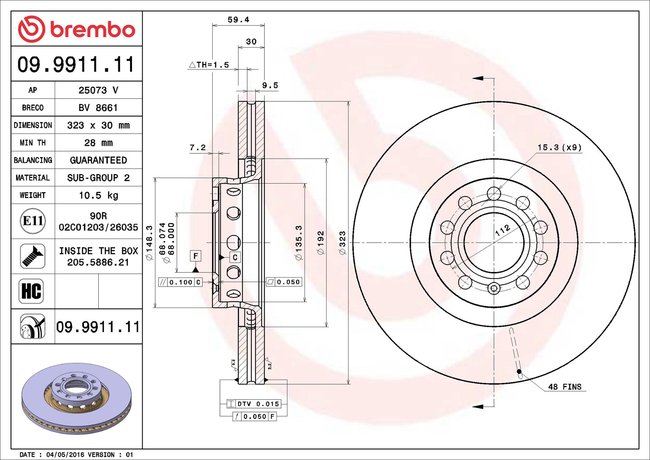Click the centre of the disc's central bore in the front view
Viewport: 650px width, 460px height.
point(494,242)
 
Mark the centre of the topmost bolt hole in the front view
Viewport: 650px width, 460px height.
point(494,193)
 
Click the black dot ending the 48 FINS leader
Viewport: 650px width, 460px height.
point(519,371)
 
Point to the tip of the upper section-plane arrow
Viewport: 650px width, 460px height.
point(472,78)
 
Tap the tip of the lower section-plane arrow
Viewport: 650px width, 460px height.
point(472,407)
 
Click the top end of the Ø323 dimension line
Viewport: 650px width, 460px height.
point(348,102)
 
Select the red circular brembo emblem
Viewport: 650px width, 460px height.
point(31,29)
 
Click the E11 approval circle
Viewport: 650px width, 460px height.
point(33,221)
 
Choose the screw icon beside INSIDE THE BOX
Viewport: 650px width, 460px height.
point(33,256)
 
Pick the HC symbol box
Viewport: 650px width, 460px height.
point(31,291)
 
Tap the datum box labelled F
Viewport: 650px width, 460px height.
point(195,256)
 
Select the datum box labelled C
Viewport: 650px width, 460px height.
point(235,257)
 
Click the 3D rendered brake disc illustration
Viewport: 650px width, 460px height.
point(76,398)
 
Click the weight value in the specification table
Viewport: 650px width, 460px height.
point(99,195)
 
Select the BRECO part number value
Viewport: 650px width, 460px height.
point(98,108)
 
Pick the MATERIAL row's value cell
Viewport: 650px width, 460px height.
point(99,178)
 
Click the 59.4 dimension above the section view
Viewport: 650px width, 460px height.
point(238,20)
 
